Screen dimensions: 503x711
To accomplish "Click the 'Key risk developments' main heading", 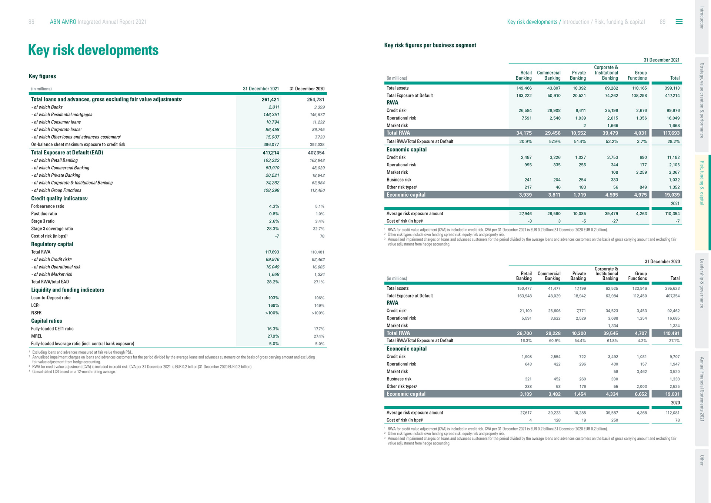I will [93, 50].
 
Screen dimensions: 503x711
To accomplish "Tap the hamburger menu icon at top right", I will [679, 22].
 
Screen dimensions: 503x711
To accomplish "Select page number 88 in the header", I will [31, 22].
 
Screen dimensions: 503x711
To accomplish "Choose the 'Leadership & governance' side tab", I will [702, 283].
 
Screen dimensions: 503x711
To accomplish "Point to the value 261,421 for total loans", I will [270, 100].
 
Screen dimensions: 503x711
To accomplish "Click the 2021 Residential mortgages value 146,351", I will [271, 115].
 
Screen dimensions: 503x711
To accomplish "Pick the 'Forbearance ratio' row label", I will [48, 206].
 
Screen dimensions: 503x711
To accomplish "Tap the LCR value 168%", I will [274, 306].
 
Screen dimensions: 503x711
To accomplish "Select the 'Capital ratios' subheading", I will [47, 321].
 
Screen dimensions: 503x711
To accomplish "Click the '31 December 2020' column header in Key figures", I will [307, 89].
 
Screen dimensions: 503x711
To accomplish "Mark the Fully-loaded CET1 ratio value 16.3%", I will [273, 329].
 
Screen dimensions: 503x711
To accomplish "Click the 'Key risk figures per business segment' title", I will [430, 45].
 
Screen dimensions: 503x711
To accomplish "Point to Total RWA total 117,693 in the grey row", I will [671, 133].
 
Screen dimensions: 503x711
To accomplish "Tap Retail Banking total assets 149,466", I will [524, 88].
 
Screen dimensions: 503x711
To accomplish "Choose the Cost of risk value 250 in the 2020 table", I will [614, 420].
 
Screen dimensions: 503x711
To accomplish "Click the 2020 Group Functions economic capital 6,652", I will [641, 394].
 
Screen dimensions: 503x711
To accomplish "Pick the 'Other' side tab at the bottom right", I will [702, 460].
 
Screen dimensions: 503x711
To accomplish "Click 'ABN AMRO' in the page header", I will [63, 22].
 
